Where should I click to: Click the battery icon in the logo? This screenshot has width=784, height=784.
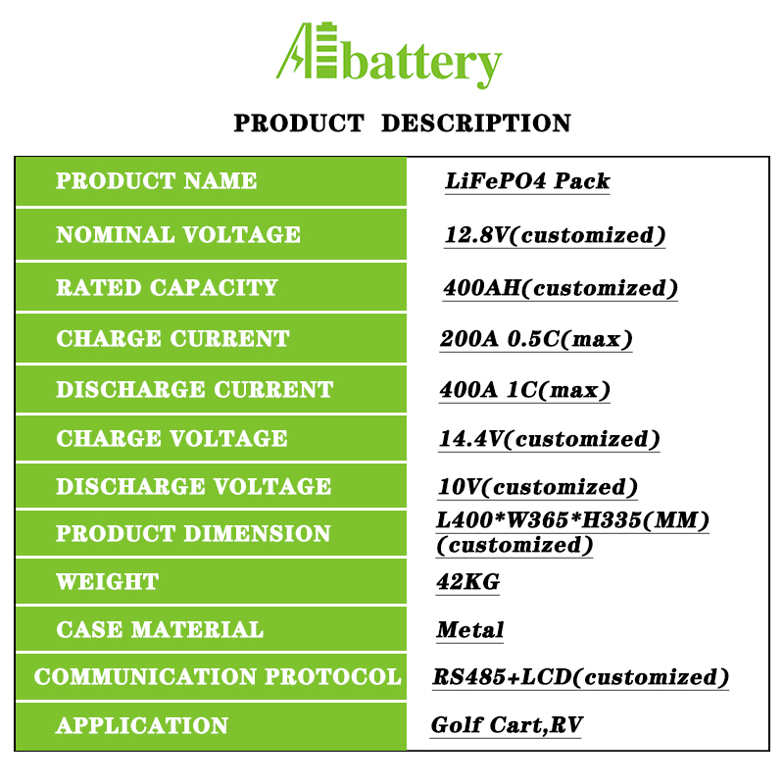(326, 51)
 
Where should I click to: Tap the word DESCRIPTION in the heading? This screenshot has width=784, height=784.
(476, 123)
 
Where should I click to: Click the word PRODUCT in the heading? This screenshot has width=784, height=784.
(299, 123)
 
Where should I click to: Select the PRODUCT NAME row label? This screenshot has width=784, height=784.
(156, 180)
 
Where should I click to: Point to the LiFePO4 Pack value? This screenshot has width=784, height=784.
(527, 180)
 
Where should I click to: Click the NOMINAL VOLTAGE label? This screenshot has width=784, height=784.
(178, 234)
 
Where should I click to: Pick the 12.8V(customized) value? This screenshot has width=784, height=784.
(555, 235)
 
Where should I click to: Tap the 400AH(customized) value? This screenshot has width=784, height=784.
(561, 288)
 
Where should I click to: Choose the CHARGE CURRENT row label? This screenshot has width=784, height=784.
(173, 338)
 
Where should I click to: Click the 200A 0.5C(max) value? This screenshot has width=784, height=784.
(536, 339)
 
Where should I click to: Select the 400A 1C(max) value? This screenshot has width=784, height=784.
(525, 389)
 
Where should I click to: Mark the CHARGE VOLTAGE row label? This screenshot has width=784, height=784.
(172, 438)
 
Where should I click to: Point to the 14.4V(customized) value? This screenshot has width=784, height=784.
(550, 439)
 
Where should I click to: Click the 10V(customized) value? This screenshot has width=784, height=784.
(538, 487)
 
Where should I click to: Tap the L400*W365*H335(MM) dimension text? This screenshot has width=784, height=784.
(573, 520)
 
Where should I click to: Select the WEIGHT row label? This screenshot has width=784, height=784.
(108, 581)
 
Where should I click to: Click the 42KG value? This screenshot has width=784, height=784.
(468, 581)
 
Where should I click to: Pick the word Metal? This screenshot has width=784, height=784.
(470, 629)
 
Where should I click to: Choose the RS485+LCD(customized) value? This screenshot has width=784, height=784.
(581, 677)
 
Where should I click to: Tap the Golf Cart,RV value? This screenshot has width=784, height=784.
(507, 725)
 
